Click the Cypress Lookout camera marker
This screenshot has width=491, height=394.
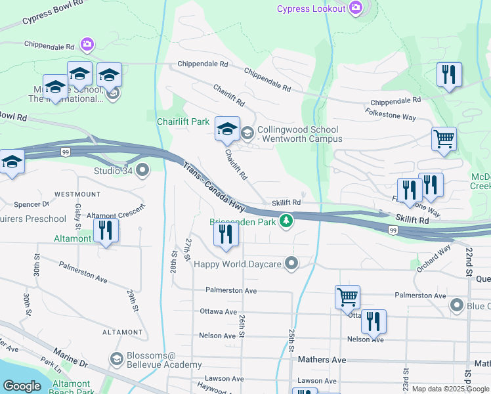coord(356,8)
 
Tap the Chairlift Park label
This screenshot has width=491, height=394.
coord(182,121)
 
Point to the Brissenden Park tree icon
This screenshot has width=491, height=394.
coord(286,221)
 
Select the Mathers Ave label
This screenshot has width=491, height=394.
coord(322,360)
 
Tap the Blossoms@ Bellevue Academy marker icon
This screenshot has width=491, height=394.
coord(117,359)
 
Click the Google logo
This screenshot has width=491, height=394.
coord(22,386)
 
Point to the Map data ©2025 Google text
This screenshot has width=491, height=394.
coord(450,389)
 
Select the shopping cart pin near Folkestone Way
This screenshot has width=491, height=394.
coord(444,139)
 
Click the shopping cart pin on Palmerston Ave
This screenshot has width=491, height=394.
coord(347,295)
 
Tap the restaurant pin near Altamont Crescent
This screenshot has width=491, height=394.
coord(106,230)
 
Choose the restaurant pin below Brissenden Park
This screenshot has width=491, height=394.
coord(226,234)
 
